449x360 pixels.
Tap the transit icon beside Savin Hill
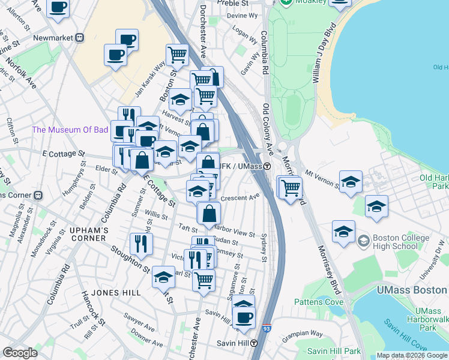pos(254,344)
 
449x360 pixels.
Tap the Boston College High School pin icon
pos(363,242)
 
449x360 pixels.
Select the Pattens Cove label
pos(325,302)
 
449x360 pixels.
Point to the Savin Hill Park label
pos(334,351)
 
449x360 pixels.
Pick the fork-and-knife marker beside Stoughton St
pos(142,243)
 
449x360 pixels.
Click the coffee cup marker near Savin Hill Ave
pos(244,317)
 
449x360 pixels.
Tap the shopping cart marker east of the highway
pos(291,187)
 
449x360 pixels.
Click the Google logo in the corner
pos(20,353)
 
